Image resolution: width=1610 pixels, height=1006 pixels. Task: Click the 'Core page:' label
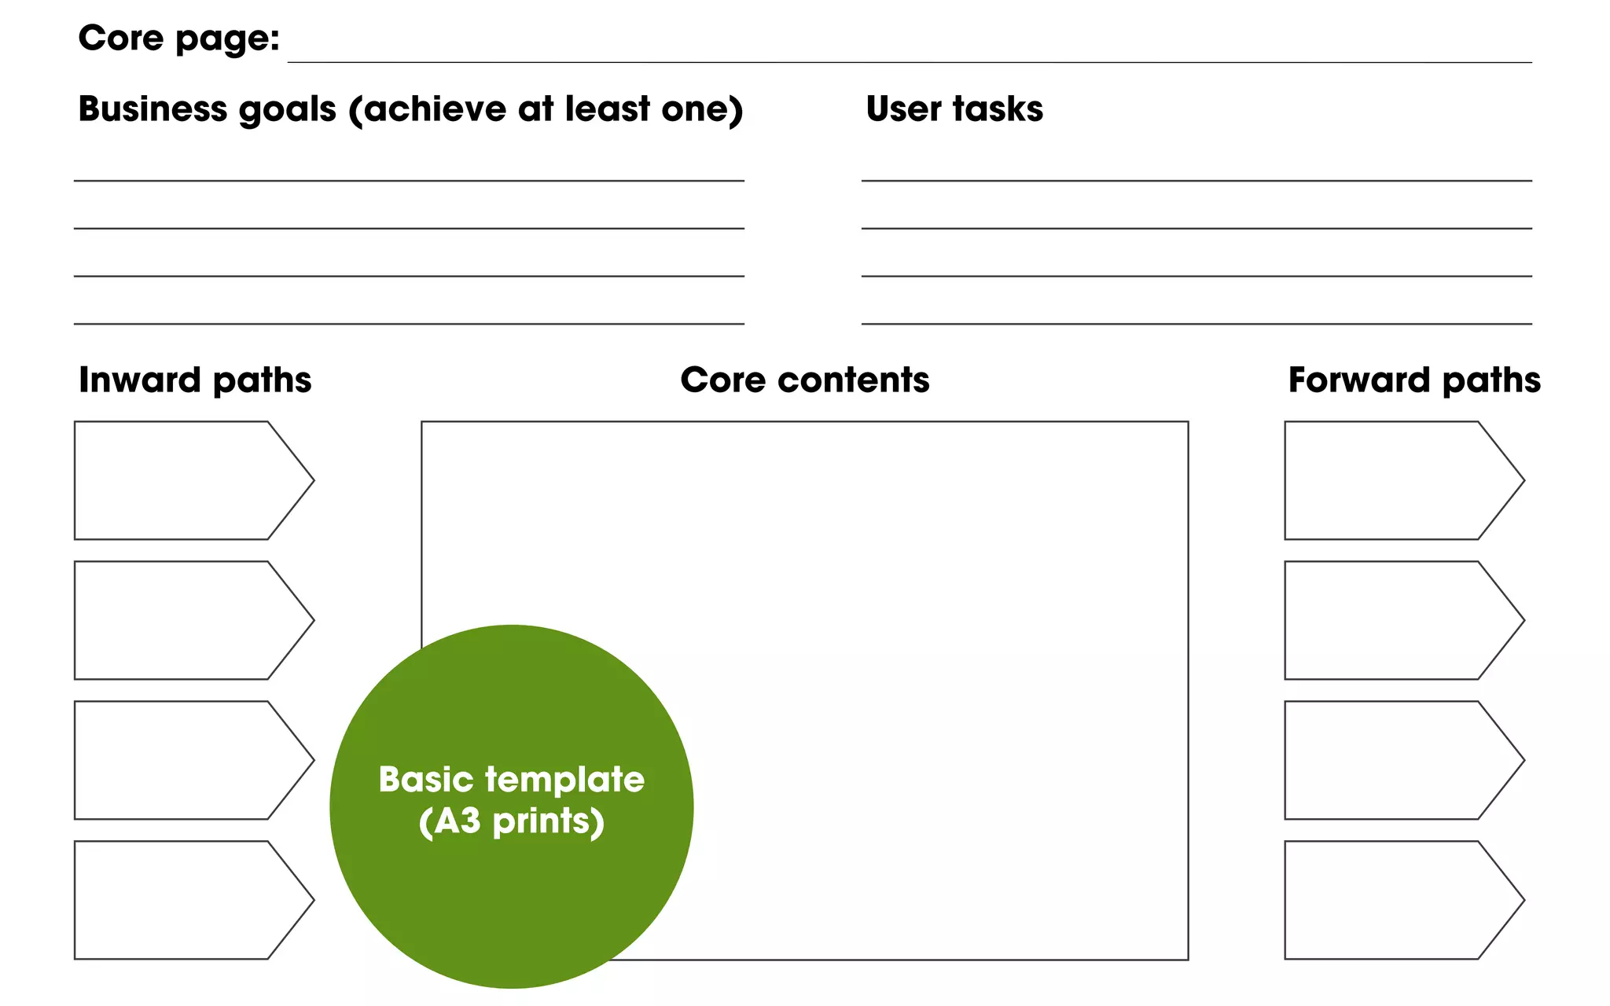pos(179,39)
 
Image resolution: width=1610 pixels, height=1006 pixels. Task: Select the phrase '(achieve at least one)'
pos(546,108)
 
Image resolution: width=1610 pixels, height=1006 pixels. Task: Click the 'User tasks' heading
pos(954,108)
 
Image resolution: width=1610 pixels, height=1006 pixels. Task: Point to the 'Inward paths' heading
pos(195,380)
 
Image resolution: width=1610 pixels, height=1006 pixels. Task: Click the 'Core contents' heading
pos(804,380)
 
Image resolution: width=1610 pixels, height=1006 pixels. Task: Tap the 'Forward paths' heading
pos(1413,380)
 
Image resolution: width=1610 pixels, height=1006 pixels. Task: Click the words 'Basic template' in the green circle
pos(511,780)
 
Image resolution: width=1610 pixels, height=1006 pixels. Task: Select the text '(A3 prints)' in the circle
pos(511,821)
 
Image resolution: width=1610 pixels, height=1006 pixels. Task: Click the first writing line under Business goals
pos(409,180)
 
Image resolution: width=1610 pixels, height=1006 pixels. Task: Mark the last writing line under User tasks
pos(1196,323)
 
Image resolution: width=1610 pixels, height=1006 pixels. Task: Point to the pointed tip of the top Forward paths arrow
pos(1523,480)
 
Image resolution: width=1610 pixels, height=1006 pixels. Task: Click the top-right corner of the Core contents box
pos(1188,422)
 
